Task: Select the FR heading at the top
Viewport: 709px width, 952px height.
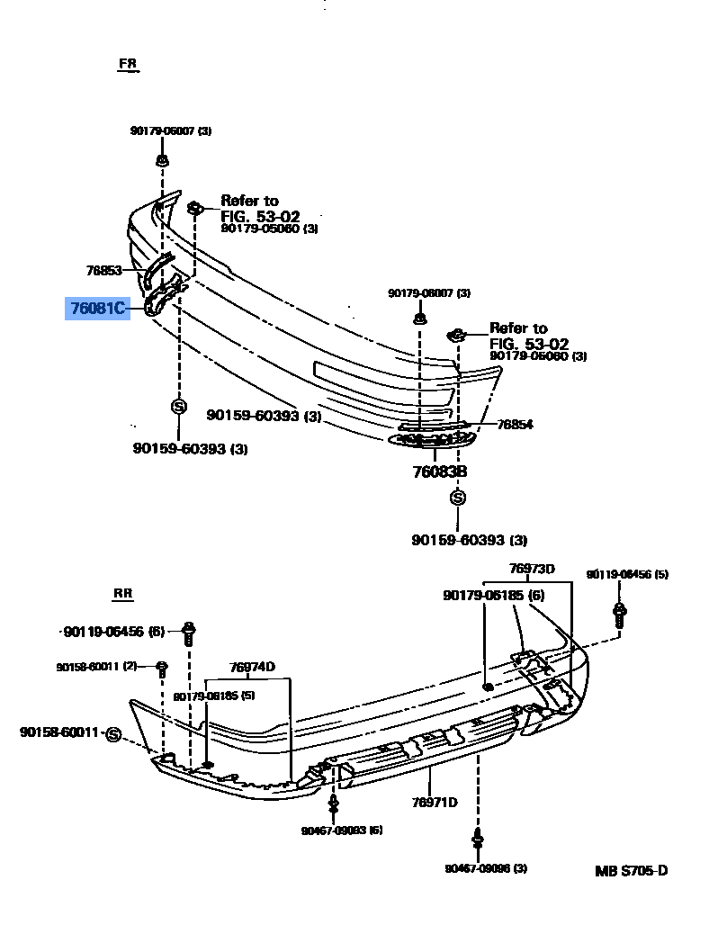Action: coord(128,65)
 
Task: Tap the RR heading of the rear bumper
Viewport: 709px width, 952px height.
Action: coord(123,594)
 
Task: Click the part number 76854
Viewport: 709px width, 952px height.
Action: coord(515,425)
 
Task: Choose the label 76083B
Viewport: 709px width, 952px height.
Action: coord(440,472)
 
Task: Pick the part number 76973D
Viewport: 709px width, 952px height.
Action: coord(532,569)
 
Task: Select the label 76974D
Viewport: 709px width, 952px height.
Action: coord(252,667)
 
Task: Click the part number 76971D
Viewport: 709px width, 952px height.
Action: coord(435,803)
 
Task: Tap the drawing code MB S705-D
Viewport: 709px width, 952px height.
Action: coord(631,871)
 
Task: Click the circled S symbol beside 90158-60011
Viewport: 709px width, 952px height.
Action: coord(113,734)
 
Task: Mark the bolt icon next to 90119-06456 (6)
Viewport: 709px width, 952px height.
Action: coord(189,633)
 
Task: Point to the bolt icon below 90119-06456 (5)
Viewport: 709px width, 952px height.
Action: coord(619,614)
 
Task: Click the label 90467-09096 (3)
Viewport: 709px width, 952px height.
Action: coord(486,868)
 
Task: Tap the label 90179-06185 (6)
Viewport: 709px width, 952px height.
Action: coord(494,595)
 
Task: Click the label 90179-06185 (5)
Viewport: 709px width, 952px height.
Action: coord(215,696)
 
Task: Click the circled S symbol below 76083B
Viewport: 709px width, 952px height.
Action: coord(458,498)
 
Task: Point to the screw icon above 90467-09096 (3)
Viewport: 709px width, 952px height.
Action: coord(478,840)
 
